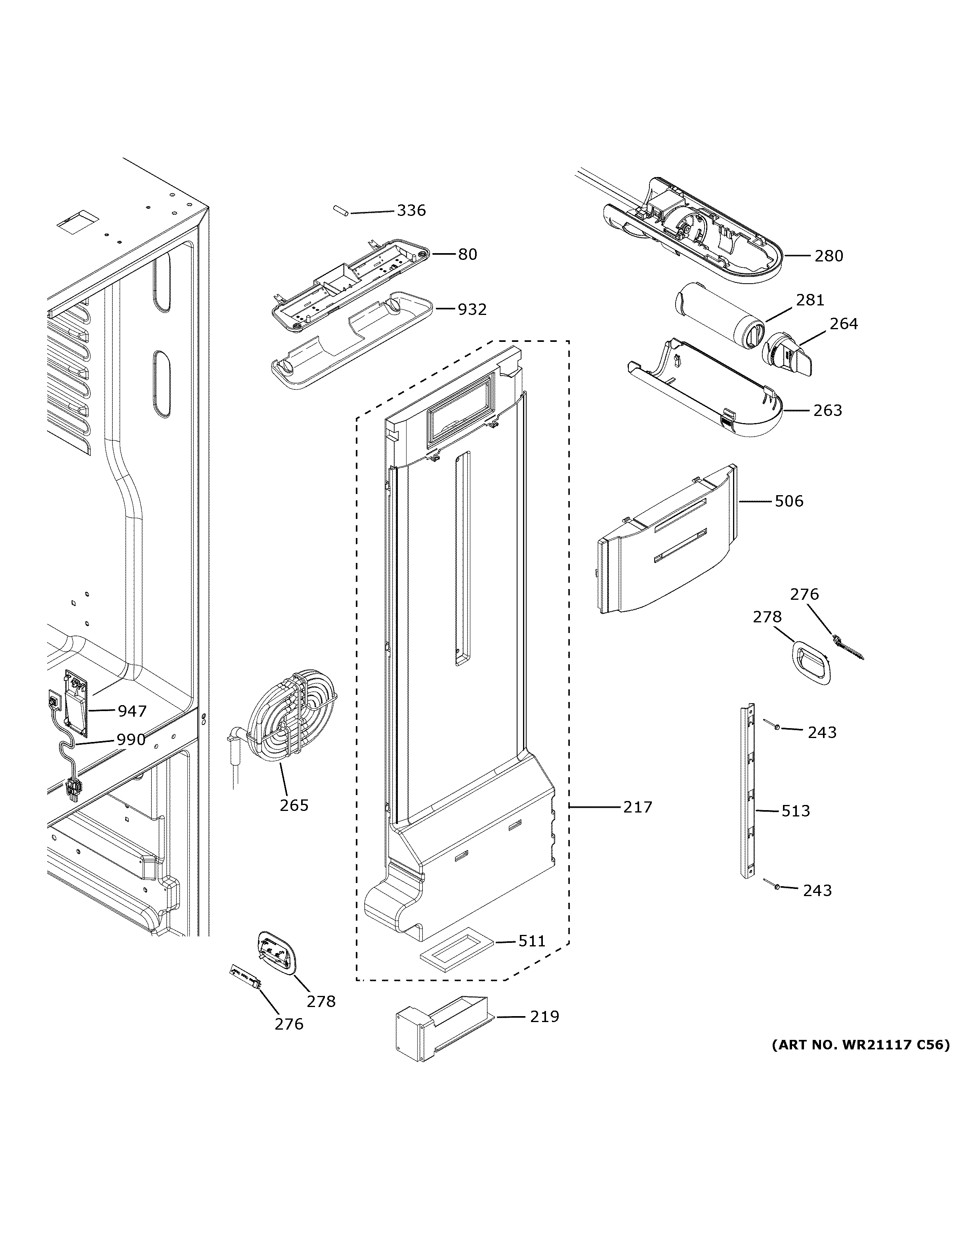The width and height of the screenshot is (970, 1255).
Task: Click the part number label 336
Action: tap(411, 210)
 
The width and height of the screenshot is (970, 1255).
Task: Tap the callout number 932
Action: tap(472, 310)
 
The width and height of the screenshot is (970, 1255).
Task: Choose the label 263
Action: tap(827, 410)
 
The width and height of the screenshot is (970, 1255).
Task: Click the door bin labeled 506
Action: tap(666, 543)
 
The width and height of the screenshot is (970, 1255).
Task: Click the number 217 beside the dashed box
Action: tap(638, 807)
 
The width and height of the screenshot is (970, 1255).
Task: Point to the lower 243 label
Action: tap(817, 890)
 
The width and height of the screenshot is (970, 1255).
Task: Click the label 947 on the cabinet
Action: tap(132, 711)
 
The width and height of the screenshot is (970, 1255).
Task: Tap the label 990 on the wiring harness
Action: tap(131, 740)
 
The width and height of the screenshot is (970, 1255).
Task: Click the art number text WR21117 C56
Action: tap(860, 1045)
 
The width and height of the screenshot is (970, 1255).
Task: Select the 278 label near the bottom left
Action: tap(321, 1001)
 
